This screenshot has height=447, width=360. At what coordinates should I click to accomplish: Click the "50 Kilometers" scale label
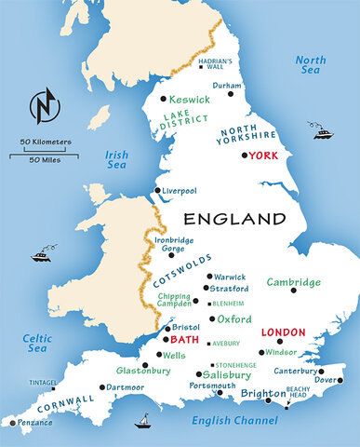click(45, 142)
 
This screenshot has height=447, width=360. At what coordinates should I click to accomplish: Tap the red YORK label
click(262, 156)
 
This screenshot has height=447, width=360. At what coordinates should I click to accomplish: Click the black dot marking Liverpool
click(157, 191)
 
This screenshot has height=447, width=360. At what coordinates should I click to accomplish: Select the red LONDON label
click(284, 332)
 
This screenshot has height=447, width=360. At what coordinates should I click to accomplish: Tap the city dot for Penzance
click(12, 423)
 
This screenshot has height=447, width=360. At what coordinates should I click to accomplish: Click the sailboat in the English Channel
click(144, 421)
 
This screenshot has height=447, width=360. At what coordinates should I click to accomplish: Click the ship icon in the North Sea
click(323, 133)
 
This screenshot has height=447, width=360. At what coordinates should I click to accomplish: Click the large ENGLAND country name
click(233, 220)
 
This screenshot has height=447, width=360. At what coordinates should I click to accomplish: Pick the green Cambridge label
click(293, 282)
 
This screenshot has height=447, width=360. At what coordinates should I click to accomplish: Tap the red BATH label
click(186, 341)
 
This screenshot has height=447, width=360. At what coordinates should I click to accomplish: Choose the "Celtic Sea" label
click(37, 342)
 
